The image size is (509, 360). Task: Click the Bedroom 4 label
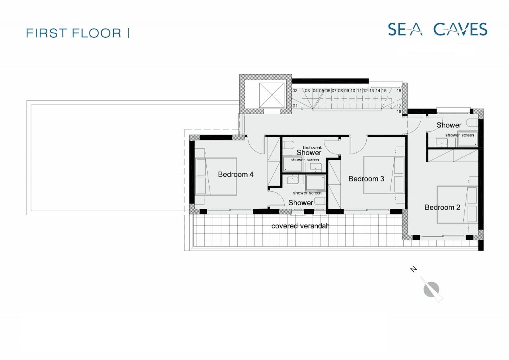(235, 174)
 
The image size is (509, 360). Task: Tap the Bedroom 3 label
(366, 179)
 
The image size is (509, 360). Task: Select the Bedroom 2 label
(442, 207)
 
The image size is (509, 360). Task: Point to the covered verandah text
(300, 226)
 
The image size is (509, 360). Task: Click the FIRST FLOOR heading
(74, 33)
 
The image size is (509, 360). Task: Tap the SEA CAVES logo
(437, 29)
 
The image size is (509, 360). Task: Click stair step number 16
(399, 91)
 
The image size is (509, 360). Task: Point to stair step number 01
(295, 106)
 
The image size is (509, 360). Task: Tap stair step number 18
(399, 111)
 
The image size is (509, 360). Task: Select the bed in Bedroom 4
(217, 177)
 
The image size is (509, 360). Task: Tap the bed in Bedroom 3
(384, 175)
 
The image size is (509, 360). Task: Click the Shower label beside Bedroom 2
(449, 125)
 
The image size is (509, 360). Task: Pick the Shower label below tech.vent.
(309, 153)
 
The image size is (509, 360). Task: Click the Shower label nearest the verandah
(301, 202)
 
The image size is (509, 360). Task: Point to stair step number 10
(353, 91)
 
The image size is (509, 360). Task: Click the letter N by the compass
(414, 270)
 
